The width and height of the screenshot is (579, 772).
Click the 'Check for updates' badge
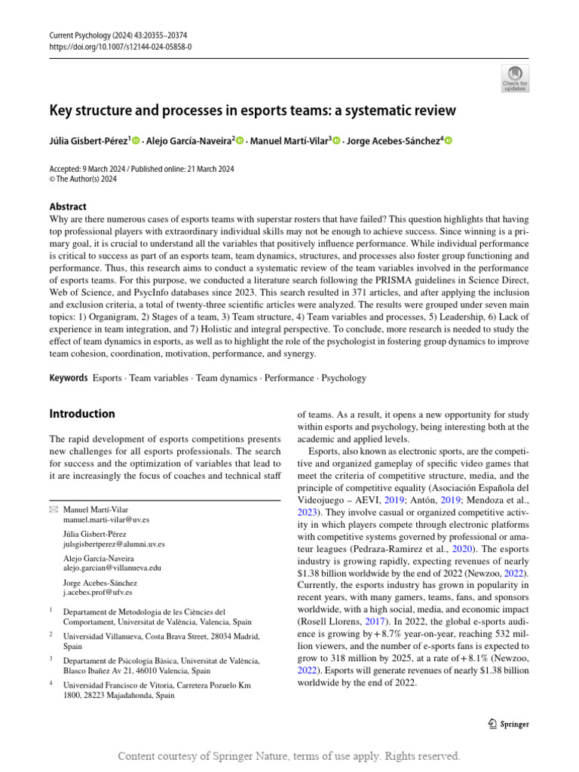pos(515,78)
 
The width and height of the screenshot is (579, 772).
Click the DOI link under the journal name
pos(121,46)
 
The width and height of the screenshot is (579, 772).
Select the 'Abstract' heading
pos(68,207)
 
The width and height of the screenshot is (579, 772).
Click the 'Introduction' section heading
pos(82,414)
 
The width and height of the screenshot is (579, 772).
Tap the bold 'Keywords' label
pos(68,378)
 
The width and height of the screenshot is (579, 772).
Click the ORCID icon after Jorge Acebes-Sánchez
pos(449,140)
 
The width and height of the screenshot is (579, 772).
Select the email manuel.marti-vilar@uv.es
pos(106,520)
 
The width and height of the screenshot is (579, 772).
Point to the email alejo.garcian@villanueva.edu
pos(112,568)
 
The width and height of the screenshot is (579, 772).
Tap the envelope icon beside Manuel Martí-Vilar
pos(53,510)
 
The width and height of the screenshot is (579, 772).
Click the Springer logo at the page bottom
pos(509,725)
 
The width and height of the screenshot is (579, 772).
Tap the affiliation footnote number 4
pos(51,684)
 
